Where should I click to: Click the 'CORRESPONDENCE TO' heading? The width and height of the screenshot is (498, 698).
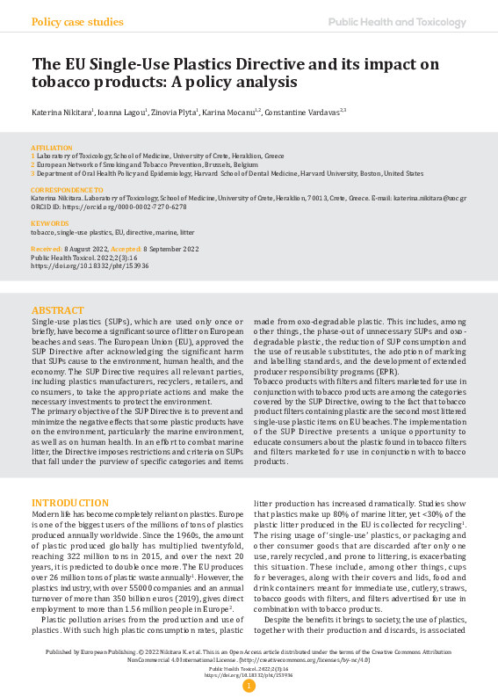tap(67, 190)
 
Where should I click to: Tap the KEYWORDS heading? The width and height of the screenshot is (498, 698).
tap(50, 224)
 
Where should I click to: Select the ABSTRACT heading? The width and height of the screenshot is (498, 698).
tap(59, 311)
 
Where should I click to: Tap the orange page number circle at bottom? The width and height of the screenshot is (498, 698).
tap(249, 686)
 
